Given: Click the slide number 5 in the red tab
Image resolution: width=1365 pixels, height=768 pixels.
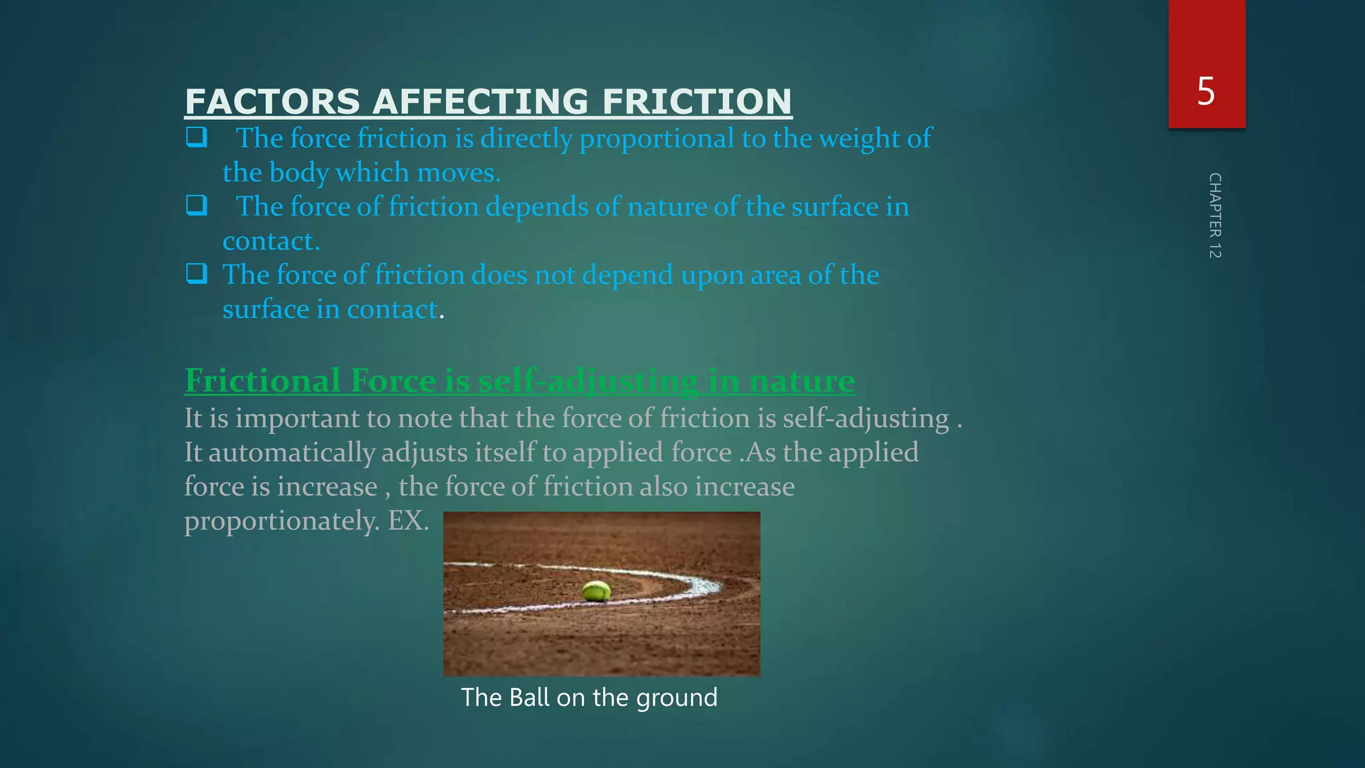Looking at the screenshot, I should pyautogui.click(x=1206, y=91).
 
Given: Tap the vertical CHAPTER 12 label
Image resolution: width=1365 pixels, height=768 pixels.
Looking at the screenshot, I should pyautogui.click(x=1214, y=215).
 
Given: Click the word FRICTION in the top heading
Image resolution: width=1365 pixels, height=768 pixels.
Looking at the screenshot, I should pyautogui.click(x=696, y=102).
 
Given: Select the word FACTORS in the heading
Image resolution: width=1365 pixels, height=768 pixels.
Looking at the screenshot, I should pyautogui.click(x=273, y=102).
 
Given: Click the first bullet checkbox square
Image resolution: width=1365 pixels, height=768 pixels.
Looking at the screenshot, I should pyautogui.click(x=197, y=137).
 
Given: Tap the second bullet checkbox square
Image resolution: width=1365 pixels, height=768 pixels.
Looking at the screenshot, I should pyautogui.click(x=197, y=205).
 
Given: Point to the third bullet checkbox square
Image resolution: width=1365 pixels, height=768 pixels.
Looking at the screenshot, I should pyautogui.click(x=197, y=273).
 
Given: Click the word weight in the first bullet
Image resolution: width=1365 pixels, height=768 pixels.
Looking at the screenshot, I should pyautogui.click(x=859, y=139).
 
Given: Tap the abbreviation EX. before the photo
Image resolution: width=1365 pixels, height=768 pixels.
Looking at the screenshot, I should pyautogui.click(x=409, y=521).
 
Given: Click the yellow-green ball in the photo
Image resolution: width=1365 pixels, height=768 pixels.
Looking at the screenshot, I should pyautogui.click(x=596, y=591).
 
